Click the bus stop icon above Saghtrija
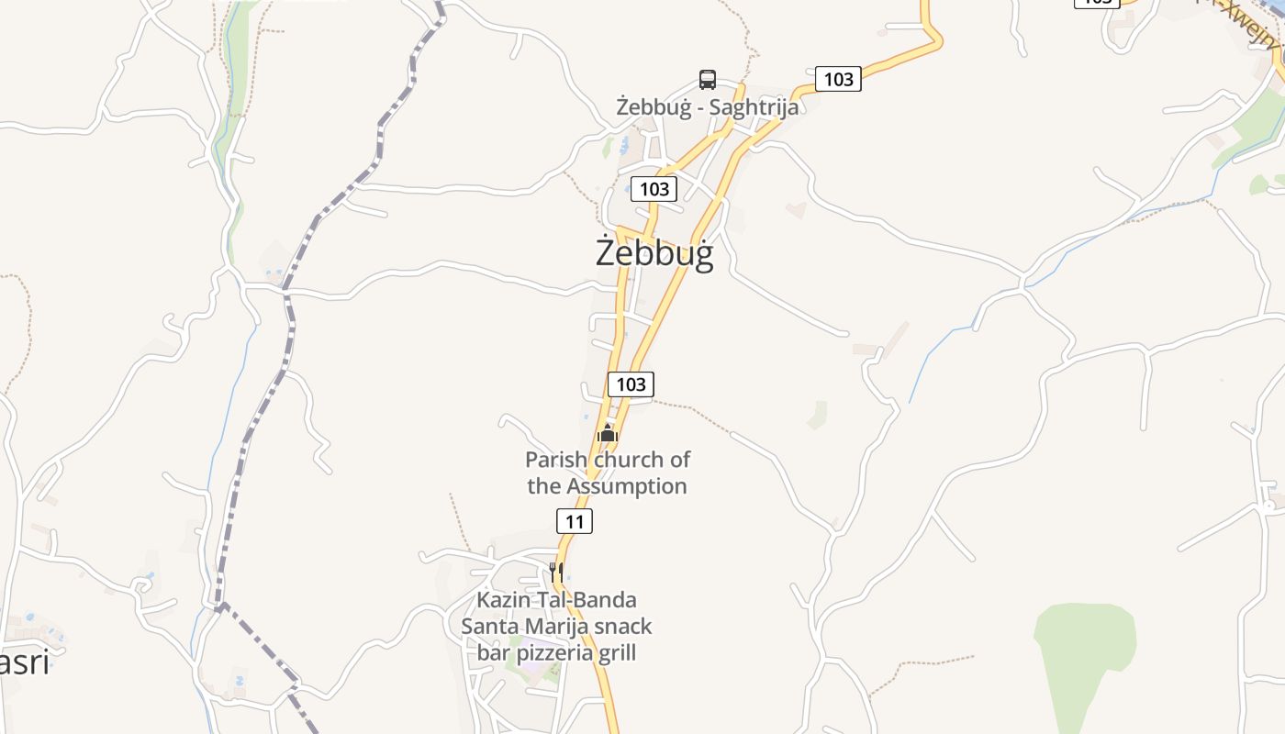pos(707,80)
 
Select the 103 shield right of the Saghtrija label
pos(838,80)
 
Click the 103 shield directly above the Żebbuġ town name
pos(654,189)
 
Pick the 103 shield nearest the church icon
pos(631,384)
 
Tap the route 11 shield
pos(575,522)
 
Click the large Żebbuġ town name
pos(654,252)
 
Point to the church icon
pos(608,433)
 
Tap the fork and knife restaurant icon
pos(555,571)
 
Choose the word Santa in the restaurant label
pos(489,627)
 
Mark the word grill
pos(617,653)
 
